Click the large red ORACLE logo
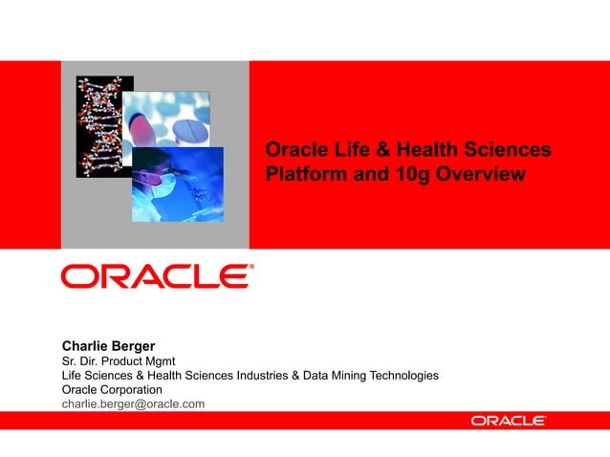tap(157, 277)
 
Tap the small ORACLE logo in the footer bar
tap(508, 421)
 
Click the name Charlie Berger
tap(107, 345)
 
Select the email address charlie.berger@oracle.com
tap(133, 404)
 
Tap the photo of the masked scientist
tap(177, 184)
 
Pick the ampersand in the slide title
tap(378, 150)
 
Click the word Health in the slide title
tap(422, 150)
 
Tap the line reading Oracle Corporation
tap(112, 390)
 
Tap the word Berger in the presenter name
tap(134, 345)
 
